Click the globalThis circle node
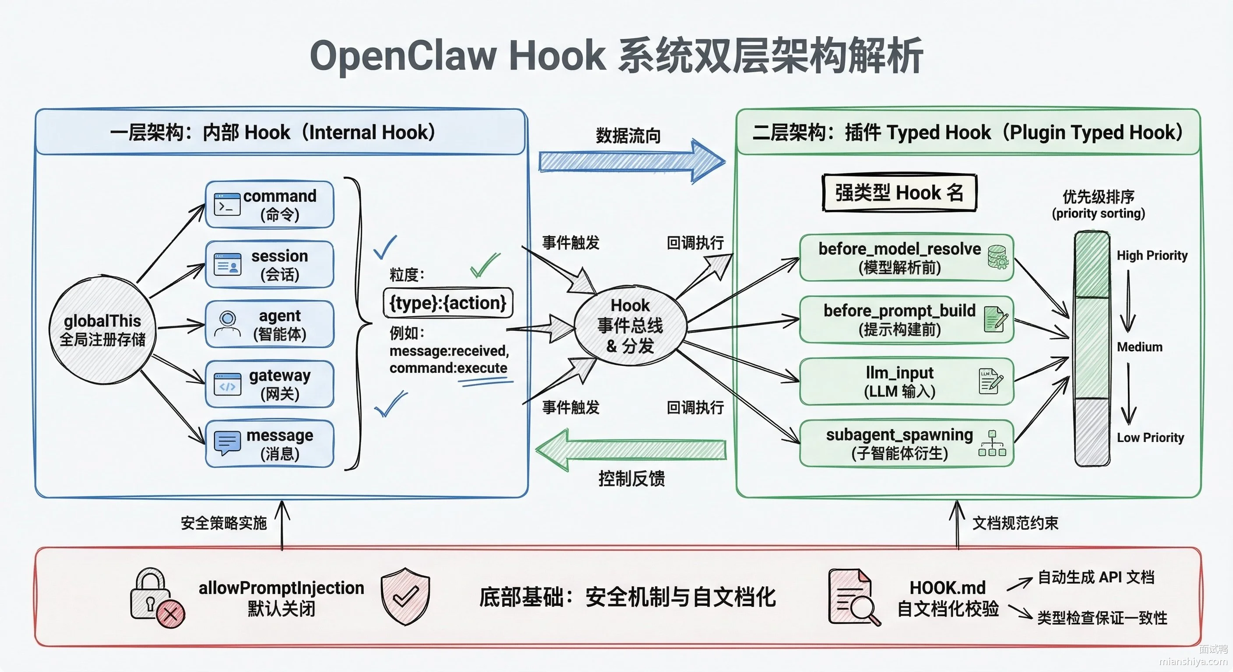(102, 330)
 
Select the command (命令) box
(269, 205)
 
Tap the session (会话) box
(269, 265)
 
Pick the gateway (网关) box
(269, 384)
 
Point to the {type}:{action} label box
(448, 303)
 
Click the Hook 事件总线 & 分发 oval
(630, 325)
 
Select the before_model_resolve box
(906, 258)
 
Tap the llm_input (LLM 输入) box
(906, 381)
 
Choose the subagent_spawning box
(906, 443)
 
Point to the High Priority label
(1152, 255)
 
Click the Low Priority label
(1150, 437)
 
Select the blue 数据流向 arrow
(632, 161)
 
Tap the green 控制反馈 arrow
(631, 450)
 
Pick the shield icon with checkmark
(405, 596)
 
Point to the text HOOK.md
(948, 587)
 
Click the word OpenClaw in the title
(404, 56)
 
